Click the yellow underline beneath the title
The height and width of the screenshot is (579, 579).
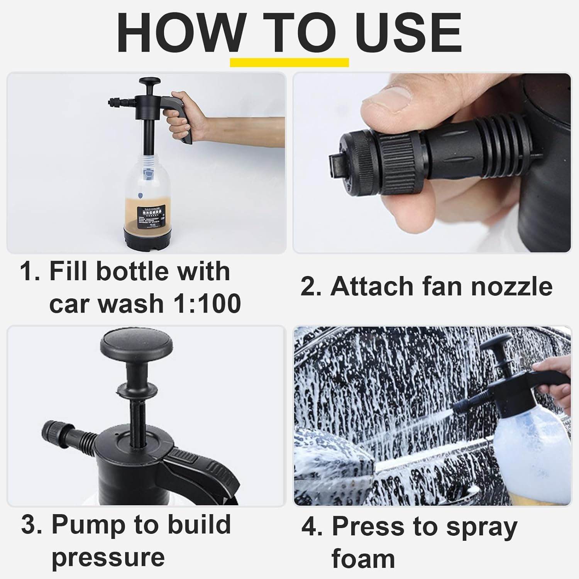(289, 63)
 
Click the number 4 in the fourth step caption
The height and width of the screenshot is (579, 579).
(308, 527)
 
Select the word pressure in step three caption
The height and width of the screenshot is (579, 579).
(108, 558)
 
